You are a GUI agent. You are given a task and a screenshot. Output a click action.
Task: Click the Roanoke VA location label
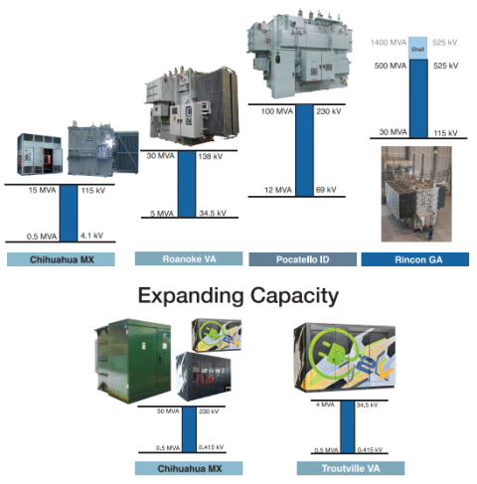(x=189, y=258)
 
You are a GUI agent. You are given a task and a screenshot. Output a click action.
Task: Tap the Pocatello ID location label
(x=303, y=259)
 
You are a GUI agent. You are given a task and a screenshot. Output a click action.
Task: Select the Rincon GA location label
(x=415, y=259)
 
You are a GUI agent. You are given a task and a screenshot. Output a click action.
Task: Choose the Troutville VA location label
(x=351, y=468)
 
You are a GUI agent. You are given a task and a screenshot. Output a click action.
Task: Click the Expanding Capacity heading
(x=238, y=296)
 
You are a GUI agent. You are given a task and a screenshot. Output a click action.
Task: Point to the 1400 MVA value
(x=389, y=43)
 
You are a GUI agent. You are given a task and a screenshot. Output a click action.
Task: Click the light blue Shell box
(x=417, y=48)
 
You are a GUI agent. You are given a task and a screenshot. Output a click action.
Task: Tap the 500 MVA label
(x=391, y=66)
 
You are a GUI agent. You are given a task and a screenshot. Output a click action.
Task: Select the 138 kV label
(x=211, y=156)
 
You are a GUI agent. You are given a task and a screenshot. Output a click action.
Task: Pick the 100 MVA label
(x=277, y=111)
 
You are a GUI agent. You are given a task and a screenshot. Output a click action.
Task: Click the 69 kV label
(x=326, y=190)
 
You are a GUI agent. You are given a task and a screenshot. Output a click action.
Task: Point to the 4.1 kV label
(x=91, y=236)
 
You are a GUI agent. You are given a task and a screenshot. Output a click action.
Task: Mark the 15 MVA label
(x=42, y=190)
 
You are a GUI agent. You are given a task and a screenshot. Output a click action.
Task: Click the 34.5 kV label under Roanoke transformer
(x=213, y=213)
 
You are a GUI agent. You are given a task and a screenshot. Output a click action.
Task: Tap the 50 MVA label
(x=168, y=411)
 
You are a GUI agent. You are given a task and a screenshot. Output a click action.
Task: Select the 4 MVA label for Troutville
(x=325, y=404)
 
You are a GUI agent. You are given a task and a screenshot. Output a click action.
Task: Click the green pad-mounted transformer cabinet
(x=133, y=361)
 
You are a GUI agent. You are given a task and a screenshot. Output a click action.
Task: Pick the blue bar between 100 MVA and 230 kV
(x=304, y=150)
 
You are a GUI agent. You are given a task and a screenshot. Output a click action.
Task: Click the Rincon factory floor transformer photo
(x=416, y=194)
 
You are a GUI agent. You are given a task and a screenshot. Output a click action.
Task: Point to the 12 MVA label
(x=278, y=190)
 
